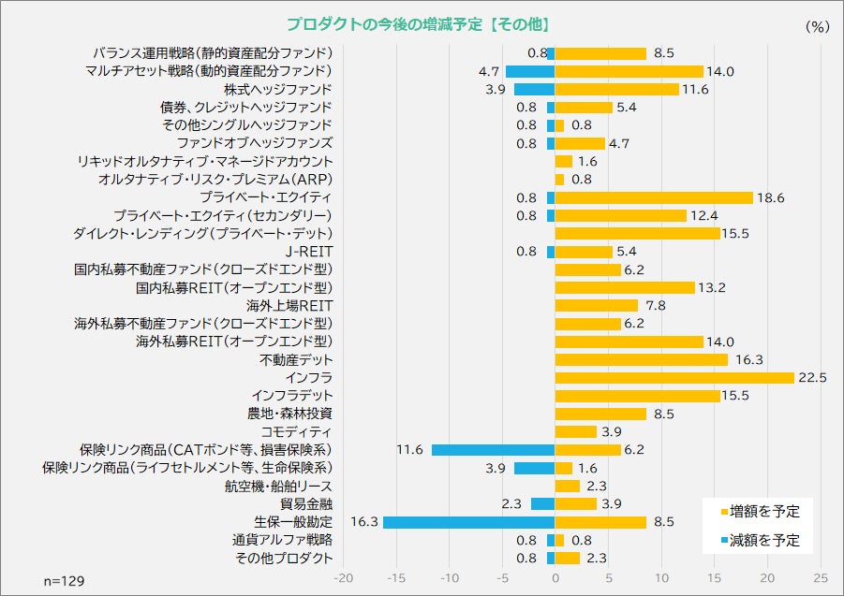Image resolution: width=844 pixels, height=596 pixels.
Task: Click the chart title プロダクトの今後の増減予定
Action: pos(417,24)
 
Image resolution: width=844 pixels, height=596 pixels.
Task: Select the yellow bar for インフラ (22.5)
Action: pos(674,378)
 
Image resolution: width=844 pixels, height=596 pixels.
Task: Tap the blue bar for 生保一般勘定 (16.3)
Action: pos(468,522)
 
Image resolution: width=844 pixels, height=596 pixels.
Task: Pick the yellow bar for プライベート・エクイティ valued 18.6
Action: pos(654,197)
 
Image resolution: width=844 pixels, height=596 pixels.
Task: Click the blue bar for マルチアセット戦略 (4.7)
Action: pos(530,71)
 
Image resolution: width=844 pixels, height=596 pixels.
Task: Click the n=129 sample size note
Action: pos(65,581)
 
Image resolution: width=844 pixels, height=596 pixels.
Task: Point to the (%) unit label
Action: pos(817,27)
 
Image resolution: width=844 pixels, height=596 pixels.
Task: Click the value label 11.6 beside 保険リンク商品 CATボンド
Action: pos(410,450)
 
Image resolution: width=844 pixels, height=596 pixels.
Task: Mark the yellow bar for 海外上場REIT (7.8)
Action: pos(597,306)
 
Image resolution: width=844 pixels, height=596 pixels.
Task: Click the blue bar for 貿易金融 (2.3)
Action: pos(543,504)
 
